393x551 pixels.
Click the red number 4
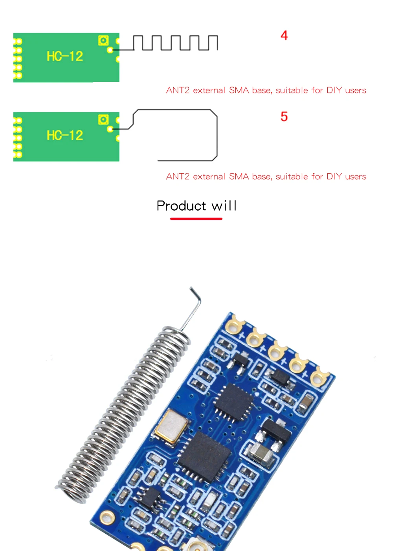[284, 35]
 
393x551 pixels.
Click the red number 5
[284, 116]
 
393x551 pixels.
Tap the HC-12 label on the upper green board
[65, 56]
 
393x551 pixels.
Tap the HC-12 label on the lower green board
[65, 135]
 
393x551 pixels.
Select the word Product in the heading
[181, 206]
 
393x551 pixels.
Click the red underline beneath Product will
[196, 218]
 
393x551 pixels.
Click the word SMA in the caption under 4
[239, 91]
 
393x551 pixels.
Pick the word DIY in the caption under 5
[334, 177]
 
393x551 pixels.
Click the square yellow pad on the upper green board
[103, 40]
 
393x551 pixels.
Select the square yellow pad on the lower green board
[103, 119]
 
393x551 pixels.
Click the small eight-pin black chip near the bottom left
[151, 497]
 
